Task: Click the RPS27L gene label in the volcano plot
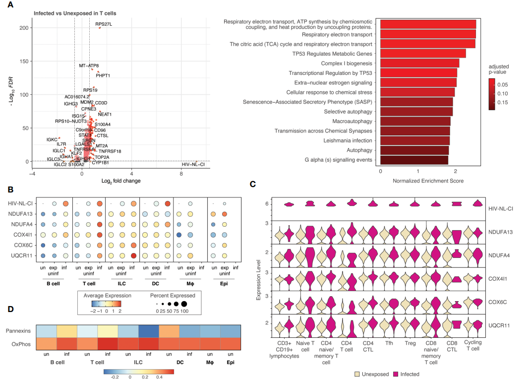click(x=104, y=23)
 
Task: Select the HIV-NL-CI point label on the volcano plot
click(x=193, y=164)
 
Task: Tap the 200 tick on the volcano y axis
click(x=23, y=28)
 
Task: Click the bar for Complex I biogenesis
click(x=419, y=63)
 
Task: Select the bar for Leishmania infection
click(x=414, y=140)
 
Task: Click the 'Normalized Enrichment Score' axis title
click(x=428, y=181)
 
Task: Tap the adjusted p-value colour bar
click(x=491, y=93)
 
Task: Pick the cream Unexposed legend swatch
click(x=357, y=374)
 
